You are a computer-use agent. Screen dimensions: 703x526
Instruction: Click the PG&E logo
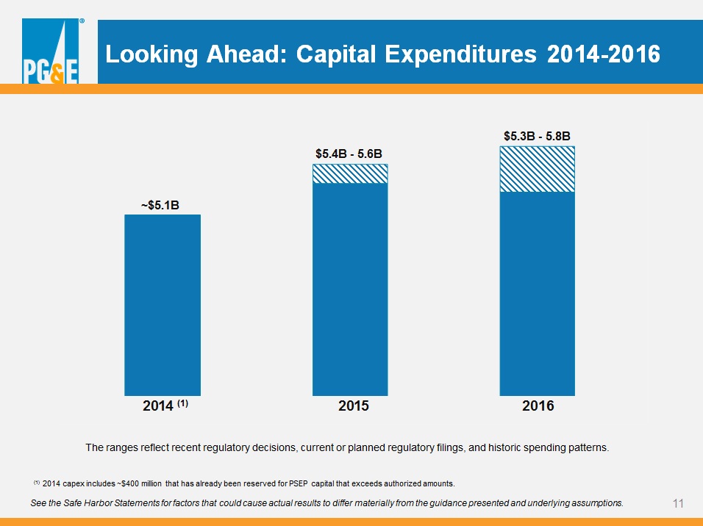(x=51, y=51)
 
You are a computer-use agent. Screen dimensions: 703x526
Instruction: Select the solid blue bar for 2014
(x=163, y=305)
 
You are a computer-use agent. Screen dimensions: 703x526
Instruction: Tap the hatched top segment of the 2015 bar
(x=350, y=174)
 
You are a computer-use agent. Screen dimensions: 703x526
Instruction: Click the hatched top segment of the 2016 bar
(x=537, y=170)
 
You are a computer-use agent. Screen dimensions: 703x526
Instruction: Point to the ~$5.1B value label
(x=160, y=205)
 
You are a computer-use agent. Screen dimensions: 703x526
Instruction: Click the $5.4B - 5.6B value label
(x=349, y=154)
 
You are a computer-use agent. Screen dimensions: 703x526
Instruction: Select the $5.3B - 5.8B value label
(x=537, y=136)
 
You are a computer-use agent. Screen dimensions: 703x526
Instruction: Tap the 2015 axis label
(x=353, y=406)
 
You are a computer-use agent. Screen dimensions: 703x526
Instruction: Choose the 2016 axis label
(x=538, y=406)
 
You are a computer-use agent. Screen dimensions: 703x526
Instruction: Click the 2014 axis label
(x=158, y=406)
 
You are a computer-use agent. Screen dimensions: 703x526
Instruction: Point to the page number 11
(x=678, y=504)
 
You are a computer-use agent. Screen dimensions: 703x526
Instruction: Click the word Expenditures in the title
(x=460, y=54)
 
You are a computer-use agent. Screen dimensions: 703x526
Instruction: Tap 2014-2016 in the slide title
(x=604, y=54)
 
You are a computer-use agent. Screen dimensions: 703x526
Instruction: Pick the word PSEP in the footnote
(x=299, y=484)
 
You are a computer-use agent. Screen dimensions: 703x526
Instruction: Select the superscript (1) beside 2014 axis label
(x=182, y=403)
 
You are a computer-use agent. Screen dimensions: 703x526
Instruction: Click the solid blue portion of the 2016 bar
(x=537, y=294)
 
